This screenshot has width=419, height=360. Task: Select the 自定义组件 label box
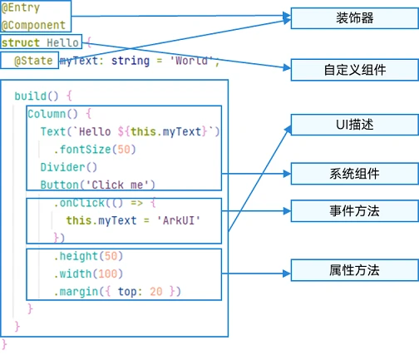coord(354,70)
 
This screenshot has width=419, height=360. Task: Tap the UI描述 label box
coord(354,125)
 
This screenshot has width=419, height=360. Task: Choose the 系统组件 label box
coord(354,173)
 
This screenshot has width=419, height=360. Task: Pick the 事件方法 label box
coord(354,211)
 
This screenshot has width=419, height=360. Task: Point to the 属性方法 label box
coord(354,269)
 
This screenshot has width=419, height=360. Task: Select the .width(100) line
coord(88,274)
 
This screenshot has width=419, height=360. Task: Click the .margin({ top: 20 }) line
coord(116,291)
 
